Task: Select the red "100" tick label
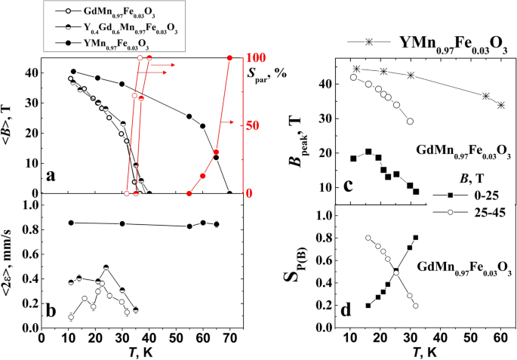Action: [x=259, y=58]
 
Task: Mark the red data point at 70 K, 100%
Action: [x=230, y=58]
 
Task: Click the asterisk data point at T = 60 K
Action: [x=500, y=105]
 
